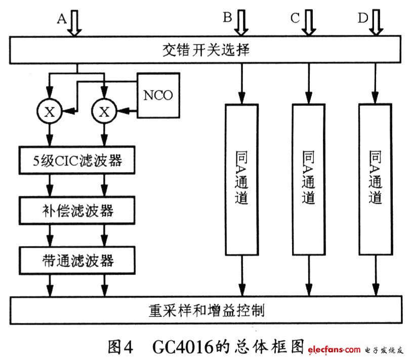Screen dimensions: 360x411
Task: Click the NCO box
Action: click(158, 96)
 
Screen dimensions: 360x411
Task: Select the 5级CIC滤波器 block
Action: click(77, 161)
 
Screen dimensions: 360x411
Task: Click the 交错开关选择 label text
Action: click(205, 51)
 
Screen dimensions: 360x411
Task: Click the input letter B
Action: click(227, 18)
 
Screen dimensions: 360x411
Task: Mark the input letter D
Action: click(362, 18)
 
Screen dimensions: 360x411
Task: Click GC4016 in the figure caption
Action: click(177, 346)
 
